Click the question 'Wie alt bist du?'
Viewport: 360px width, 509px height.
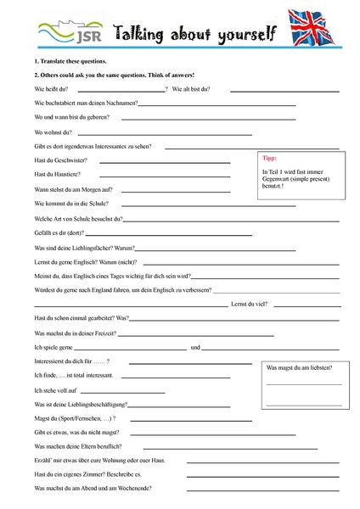pyautogui.click(x=192, y=89)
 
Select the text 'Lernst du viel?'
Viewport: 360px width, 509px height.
pyautogui.click(x=250, y=304)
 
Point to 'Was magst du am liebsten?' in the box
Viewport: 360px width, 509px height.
pyautogui.click(x=299, y=366)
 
